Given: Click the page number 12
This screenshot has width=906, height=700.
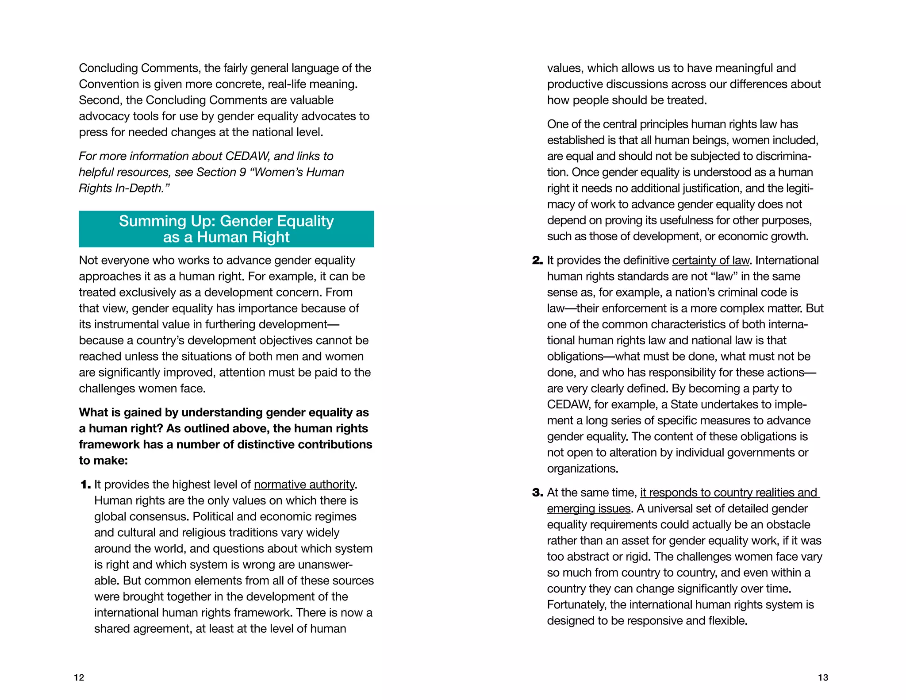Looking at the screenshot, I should click(79, 677).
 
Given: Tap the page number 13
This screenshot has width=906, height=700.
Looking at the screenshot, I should click(823, 677).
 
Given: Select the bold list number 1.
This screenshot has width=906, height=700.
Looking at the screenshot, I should click(85, 485).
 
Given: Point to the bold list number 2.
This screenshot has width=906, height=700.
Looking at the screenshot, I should click(537, 261).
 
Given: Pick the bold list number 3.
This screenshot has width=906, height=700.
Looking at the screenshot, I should click(537, 493).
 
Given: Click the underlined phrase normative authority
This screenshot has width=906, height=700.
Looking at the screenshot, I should click(304, 485).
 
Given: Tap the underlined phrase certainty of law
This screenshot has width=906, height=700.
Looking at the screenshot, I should click(710, 261).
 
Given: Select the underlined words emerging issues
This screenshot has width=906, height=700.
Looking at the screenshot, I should click(588, 509).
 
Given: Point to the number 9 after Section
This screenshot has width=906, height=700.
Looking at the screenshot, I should click(242, 172).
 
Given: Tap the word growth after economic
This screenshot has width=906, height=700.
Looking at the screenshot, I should click(789, 236).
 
